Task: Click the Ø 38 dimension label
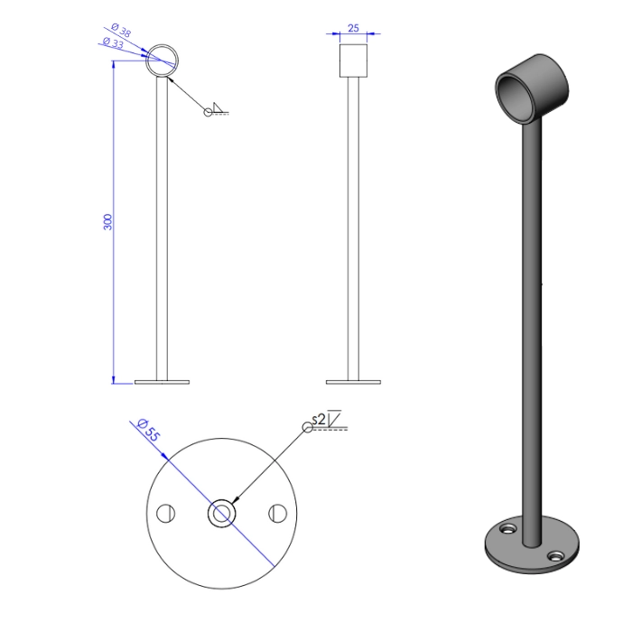point(121,30)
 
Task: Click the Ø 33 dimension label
point(113,42)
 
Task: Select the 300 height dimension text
point(107,222)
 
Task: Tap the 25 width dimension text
point(353,28)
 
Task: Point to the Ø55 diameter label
point(149,430)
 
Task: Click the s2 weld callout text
point(319,420)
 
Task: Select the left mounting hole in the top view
point(165,513)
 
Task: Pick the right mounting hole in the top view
point(278,513)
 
